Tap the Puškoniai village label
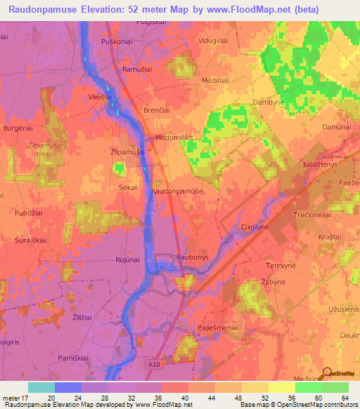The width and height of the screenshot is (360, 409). point(117,43)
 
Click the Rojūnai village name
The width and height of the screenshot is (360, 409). point(129,260)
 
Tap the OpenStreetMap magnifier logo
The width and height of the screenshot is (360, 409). point(327,374)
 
